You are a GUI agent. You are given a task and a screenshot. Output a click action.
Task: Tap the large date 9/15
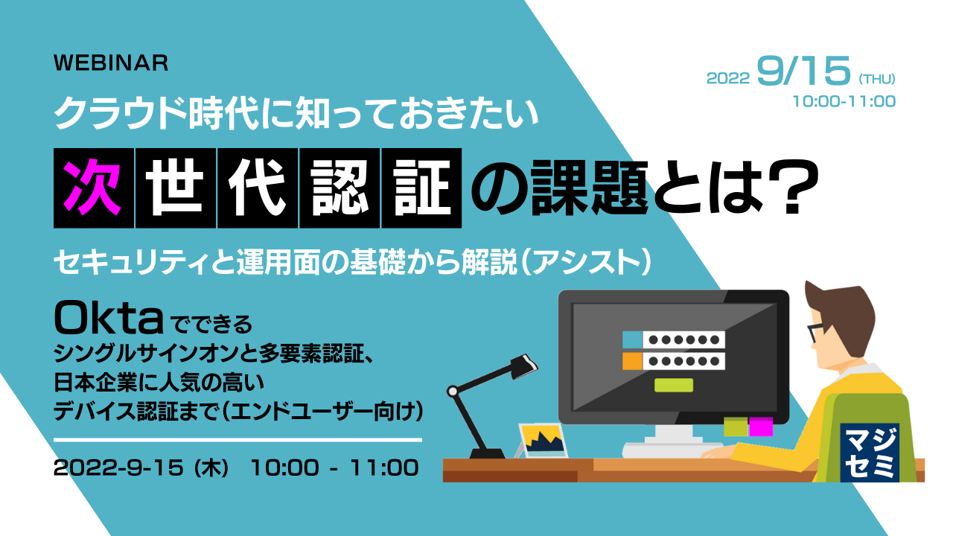803,72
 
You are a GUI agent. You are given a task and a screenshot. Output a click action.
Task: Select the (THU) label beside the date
876,78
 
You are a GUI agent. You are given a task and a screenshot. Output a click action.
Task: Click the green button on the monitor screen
673,385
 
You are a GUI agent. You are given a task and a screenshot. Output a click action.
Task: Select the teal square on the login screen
631,339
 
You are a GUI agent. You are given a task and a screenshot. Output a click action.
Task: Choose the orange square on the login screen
631,361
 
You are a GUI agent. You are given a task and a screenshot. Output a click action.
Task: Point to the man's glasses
817,331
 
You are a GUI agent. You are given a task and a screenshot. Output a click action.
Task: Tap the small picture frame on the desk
543,441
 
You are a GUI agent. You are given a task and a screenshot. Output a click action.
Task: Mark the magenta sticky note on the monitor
760,426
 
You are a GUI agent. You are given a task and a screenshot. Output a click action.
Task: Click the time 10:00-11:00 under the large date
846,101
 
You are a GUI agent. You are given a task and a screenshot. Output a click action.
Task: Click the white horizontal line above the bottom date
238,440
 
